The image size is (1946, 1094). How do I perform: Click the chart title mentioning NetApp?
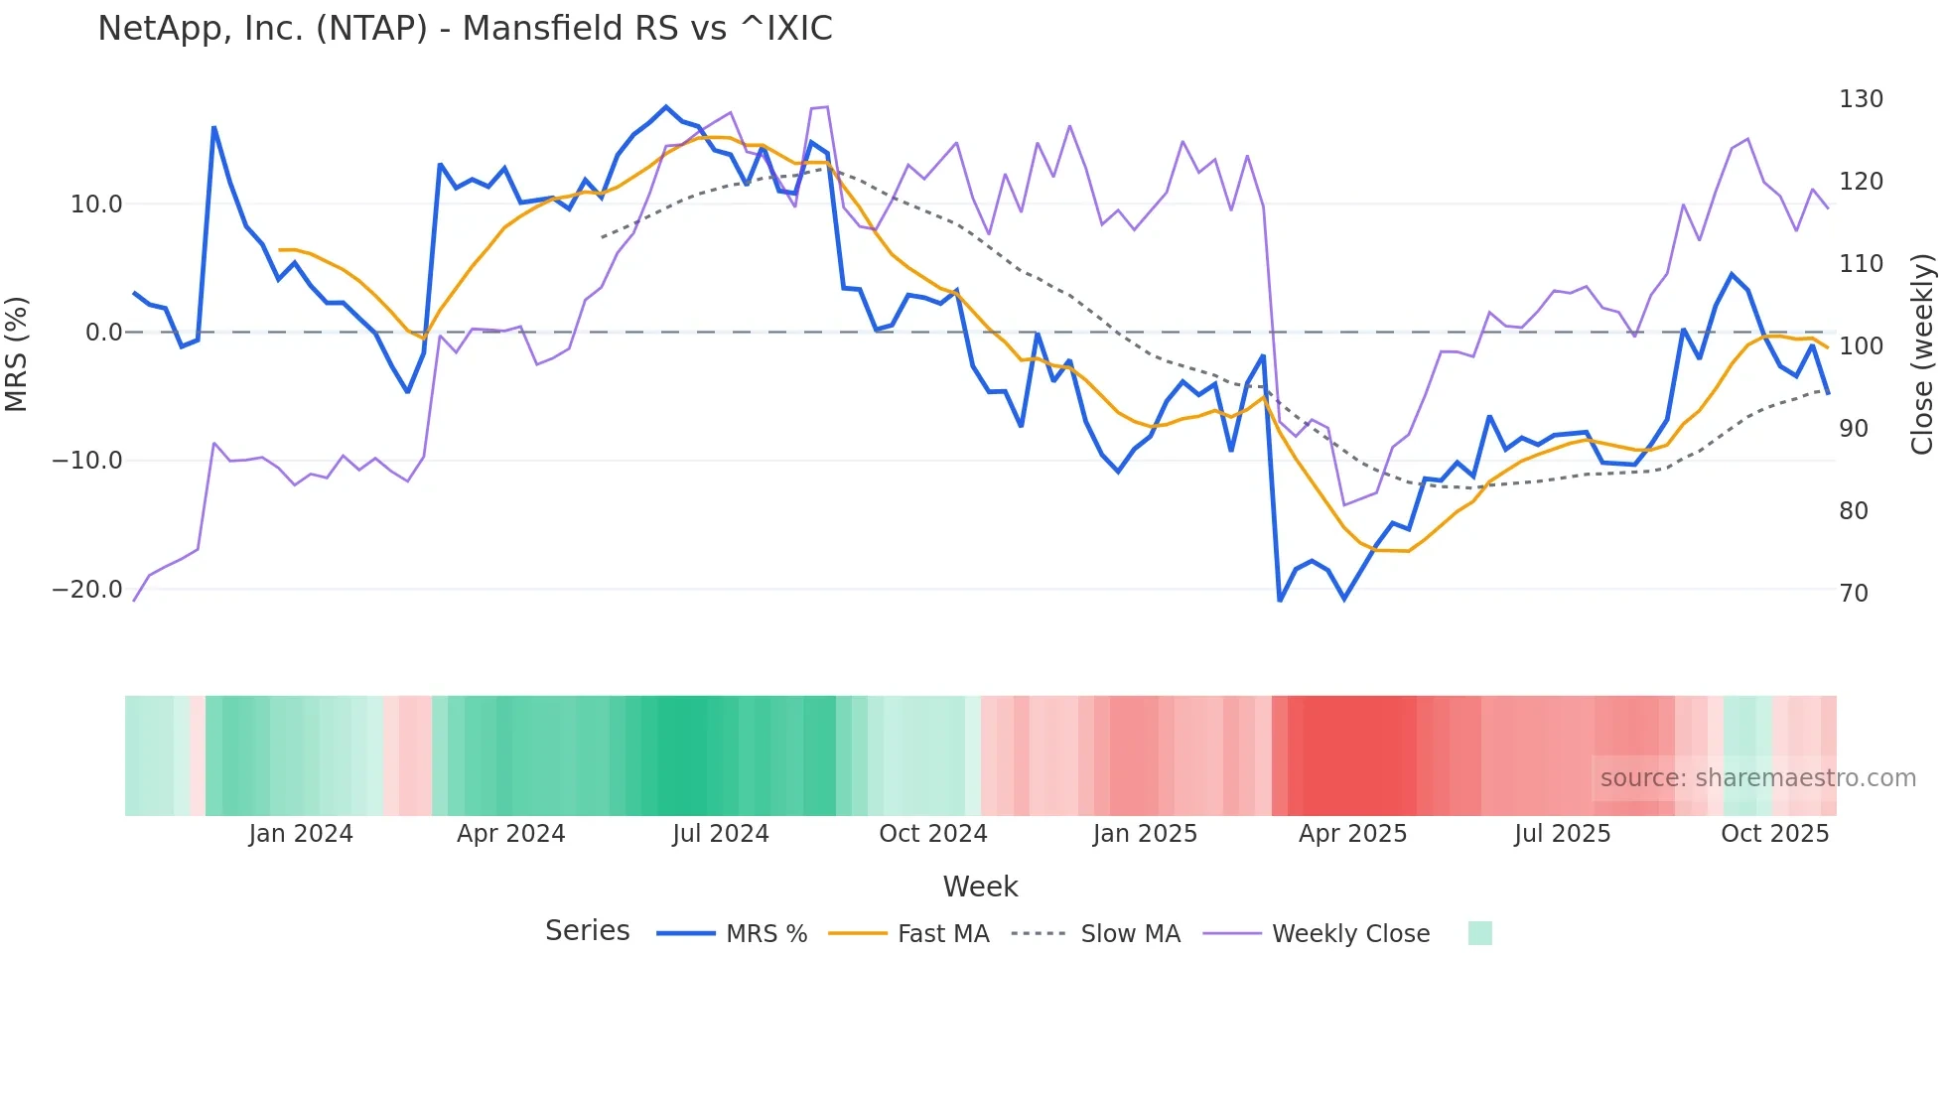point(465,29)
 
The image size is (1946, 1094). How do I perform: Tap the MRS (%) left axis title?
point(17,353)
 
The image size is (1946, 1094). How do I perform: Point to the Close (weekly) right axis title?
point(1922,354)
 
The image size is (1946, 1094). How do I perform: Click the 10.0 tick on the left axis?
point(96,205)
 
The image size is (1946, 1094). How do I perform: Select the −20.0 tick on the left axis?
point(88,590)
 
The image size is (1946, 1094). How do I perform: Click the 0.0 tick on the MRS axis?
point(104,333)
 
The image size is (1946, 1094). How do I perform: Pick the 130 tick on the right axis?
point(1861,99)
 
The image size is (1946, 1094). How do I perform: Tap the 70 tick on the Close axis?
point(1854,594)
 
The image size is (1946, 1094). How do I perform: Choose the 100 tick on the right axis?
point(1861,346)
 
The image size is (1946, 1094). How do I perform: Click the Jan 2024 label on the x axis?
point(301,834)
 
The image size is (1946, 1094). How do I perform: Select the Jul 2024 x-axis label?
point(721,834)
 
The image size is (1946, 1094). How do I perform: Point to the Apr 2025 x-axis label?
point(1352,834)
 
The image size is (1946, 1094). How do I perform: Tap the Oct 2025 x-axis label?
point(1774,834)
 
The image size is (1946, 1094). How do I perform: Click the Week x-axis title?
point(980,887)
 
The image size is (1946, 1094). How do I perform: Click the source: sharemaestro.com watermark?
point(1757,778)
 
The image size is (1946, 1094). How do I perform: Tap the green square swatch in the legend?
point(1479,933)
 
